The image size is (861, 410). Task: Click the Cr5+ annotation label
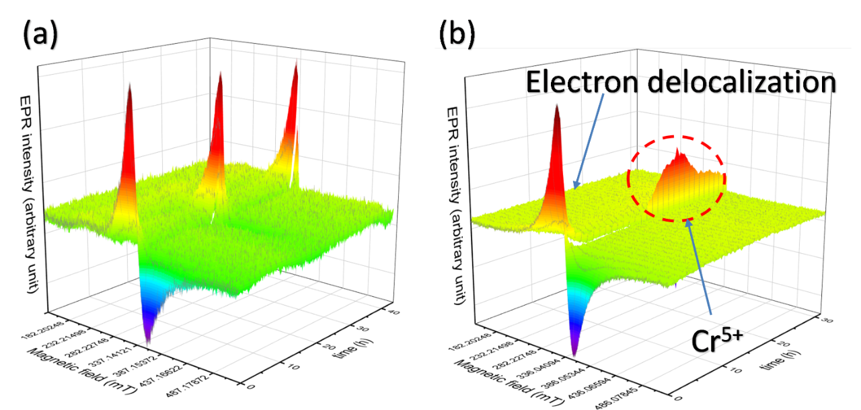click(x=717, y=340)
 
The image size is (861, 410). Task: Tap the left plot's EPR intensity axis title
click(x=34, y=192)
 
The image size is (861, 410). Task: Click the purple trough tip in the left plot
click(x=147, y=337)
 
